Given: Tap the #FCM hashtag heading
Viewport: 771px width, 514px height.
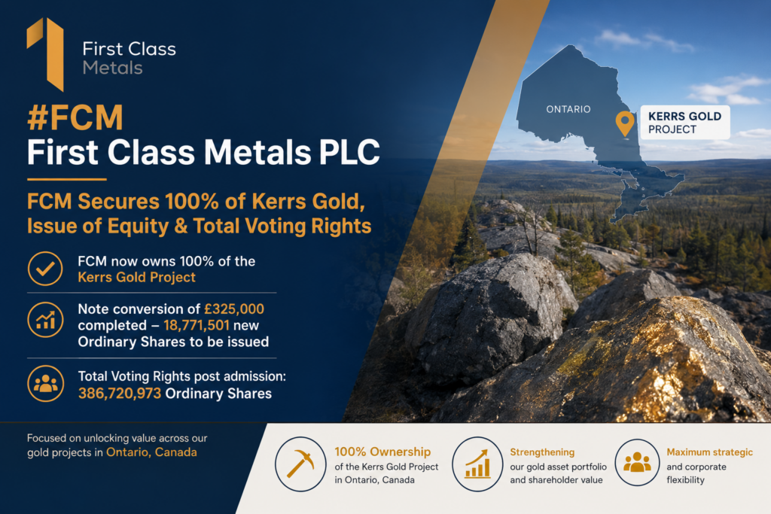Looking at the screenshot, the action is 75,118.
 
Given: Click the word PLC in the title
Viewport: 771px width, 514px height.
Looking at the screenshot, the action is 349,152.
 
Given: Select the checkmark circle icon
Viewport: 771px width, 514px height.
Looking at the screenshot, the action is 45,269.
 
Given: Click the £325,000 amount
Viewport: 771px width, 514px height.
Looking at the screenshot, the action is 234,309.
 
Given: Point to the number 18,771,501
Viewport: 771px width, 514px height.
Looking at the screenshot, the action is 197,325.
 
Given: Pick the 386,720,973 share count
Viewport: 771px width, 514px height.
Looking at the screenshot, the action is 120,393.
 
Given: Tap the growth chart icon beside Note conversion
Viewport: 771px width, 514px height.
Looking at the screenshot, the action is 45,320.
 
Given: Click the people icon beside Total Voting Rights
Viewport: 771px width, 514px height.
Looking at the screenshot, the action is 45,383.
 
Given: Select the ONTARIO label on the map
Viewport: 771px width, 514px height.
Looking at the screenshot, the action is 568,109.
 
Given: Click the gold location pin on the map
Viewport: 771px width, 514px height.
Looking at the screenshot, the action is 625,123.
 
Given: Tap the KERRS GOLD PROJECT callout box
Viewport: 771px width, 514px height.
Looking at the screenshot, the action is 685,123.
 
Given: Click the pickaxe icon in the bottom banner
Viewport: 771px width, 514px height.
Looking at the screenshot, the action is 300,464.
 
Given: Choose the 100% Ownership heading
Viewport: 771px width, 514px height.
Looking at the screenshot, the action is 382,452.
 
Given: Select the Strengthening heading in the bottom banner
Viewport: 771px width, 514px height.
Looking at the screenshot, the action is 542,452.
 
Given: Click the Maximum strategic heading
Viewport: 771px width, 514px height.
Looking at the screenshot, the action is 709,452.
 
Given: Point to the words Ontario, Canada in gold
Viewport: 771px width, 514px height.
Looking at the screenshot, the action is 151,452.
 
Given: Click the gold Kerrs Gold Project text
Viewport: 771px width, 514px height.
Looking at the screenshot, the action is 137,277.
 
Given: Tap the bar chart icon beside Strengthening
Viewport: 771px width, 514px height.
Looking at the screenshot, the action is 477,464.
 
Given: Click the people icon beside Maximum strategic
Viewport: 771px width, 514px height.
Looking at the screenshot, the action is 637,462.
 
